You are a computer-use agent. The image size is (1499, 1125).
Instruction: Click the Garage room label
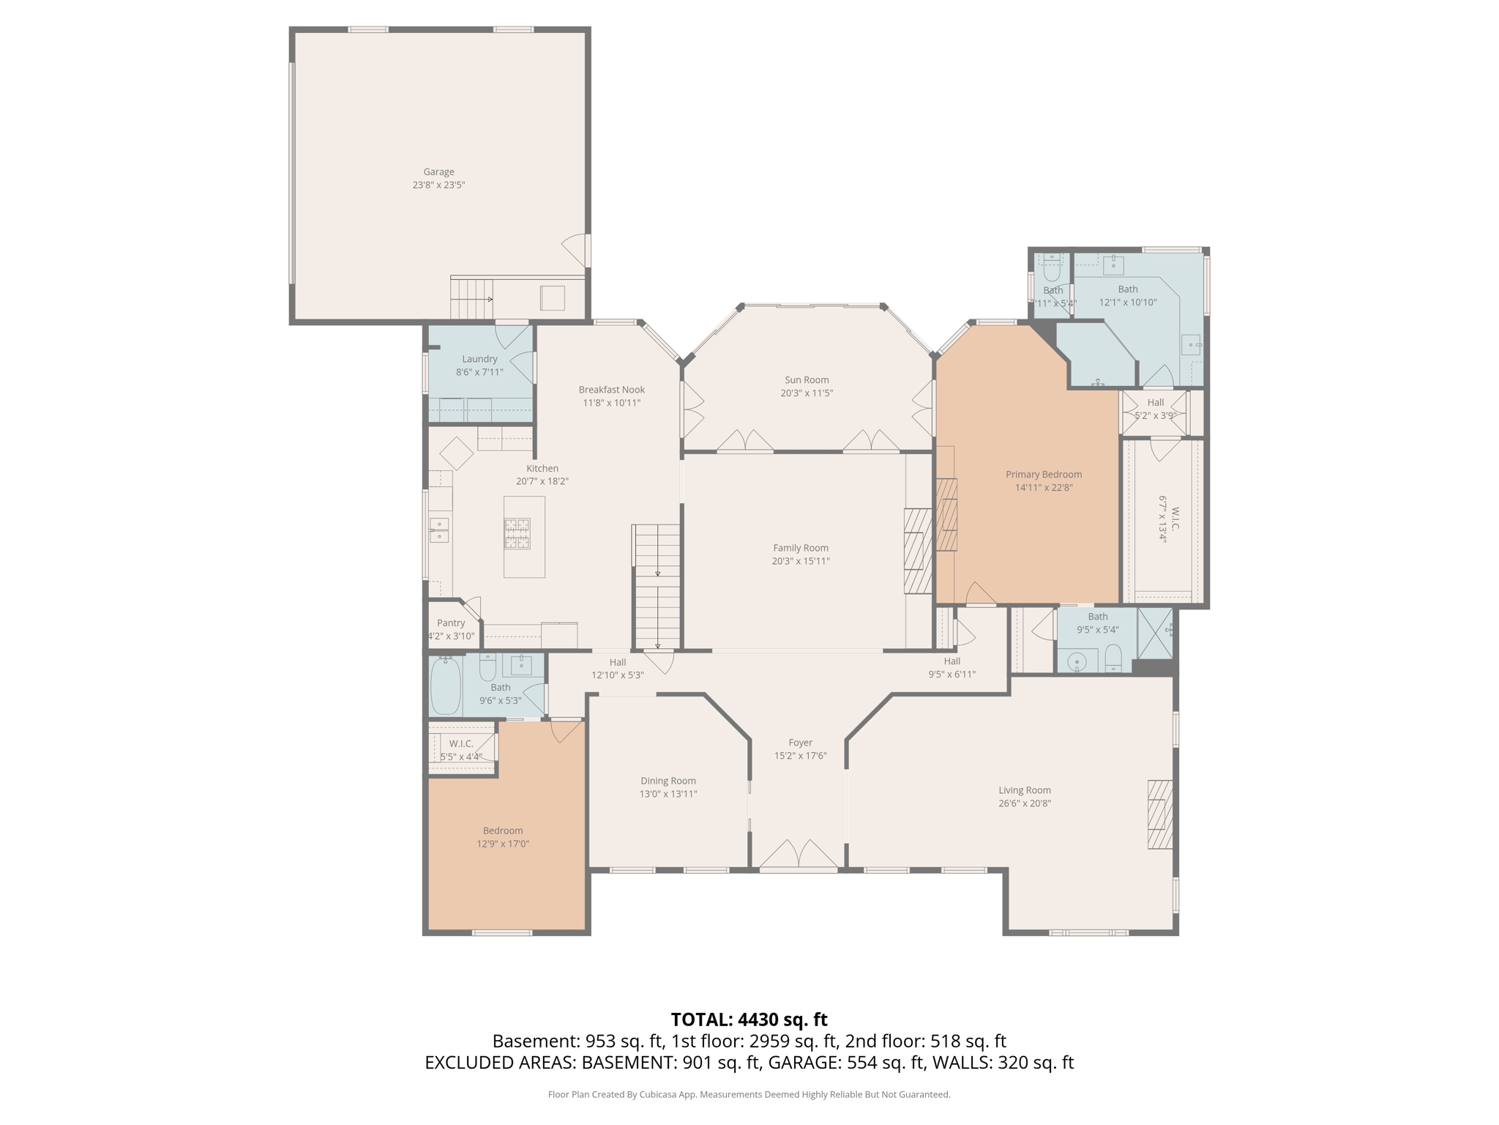coord(438,172)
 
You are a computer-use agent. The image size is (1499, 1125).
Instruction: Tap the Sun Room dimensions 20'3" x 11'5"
coord(807,393)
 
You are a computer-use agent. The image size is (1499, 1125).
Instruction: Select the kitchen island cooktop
coord(517,533)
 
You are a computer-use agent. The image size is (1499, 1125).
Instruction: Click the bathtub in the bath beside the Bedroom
coord(445,685)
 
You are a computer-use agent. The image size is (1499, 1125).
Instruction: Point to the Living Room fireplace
coord(1159,814)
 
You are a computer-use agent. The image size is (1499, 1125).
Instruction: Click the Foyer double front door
coord(798,855)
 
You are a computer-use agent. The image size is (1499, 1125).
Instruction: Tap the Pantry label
coord(451,623)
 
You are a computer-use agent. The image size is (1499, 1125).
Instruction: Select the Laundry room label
coord(479,359)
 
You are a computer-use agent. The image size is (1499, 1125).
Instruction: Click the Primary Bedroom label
coord(1043,475)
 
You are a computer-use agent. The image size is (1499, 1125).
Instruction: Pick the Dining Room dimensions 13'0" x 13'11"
coord(668,794)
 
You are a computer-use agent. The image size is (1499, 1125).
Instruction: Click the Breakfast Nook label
coord(611,390)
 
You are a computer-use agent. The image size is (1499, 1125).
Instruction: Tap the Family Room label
coord(801,548)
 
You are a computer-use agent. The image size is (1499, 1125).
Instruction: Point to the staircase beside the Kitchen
coord(657,586)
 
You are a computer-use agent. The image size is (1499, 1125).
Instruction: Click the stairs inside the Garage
coord(471,299)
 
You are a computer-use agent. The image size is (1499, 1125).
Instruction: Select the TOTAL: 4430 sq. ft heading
coord(749,1020)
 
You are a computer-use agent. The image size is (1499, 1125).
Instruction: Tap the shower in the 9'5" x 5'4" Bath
coord(1155,633)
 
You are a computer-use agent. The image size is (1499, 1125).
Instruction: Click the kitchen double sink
coord(438,530)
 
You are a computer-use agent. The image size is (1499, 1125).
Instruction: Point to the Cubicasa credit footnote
coord(749,1094)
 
